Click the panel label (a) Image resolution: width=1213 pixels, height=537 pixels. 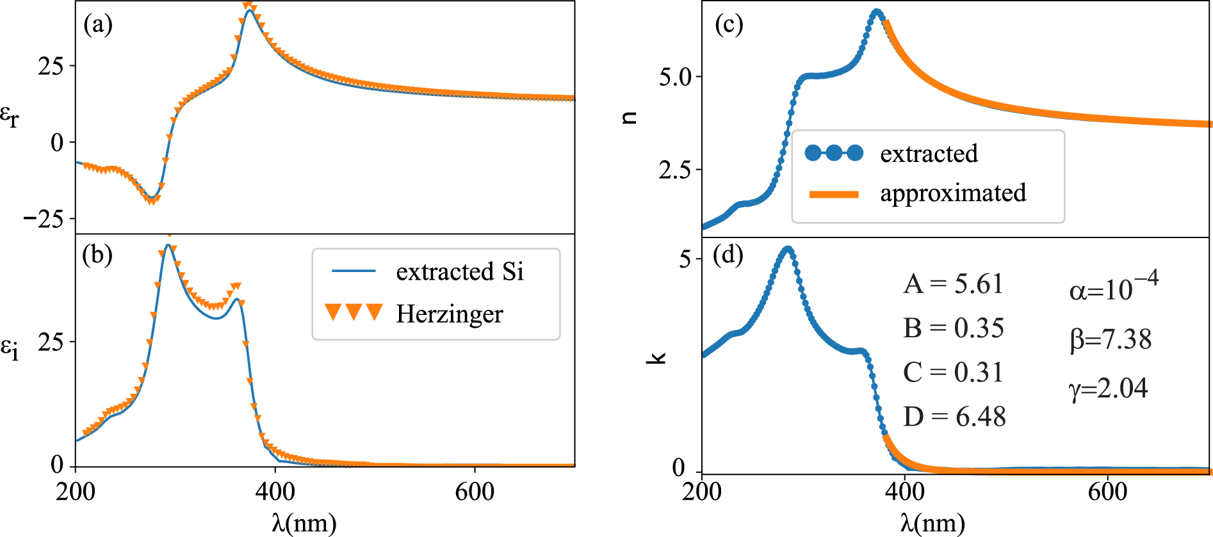pos(98,25)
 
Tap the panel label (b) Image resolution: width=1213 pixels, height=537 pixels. pos(97,255)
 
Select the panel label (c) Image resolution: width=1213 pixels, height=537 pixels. pos(729,25)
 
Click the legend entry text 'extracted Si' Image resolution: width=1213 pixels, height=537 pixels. pos(459,271)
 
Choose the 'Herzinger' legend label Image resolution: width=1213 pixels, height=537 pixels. pos(449,314)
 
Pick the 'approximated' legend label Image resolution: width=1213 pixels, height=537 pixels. pos(953,193)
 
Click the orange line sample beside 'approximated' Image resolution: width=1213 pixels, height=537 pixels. pos(834,194)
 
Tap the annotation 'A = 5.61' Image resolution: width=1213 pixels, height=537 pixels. pos(953,284)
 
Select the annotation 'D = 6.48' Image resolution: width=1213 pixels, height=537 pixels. pos(954,417)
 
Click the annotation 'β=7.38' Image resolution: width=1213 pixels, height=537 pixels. pos(1110,339)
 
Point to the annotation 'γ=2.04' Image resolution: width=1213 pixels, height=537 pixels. pos(1108,389)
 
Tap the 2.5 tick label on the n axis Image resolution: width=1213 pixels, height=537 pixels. pos(675,170)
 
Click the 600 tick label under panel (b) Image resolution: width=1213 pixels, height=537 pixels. pos(475,492)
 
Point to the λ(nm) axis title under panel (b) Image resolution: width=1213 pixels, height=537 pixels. pos(304,522)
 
